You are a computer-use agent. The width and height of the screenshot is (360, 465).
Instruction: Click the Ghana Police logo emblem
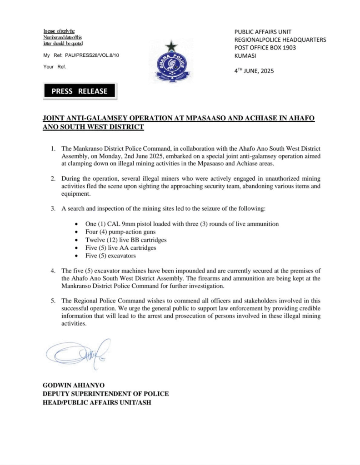[170, 63]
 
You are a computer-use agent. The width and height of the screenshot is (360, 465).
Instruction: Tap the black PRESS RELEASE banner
[80, 91]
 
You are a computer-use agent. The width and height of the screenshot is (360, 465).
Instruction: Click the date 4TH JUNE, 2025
[254, 71]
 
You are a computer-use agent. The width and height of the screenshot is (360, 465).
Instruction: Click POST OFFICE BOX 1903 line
[265, 48]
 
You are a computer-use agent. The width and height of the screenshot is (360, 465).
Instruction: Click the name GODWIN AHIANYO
[73, 385]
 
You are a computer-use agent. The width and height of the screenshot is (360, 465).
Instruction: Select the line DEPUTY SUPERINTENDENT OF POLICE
[105, 394]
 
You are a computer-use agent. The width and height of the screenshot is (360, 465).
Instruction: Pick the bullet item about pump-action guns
[105, 232]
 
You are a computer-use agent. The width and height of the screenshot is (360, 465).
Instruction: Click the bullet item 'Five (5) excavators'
[100, 256]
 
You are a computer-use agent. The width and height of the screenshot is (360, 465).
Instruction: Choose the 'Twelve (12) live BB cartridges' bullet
[116, 240]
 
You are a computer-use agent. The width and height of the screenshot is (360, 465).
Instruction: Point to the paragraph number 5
[53, 300]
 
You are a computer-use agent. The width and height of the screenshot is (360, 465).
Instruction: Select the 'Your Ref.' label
[55, 67]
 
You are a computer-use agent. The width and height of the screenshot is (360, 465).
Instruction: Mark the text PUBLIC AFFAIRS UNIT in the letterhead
[263, 32]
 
